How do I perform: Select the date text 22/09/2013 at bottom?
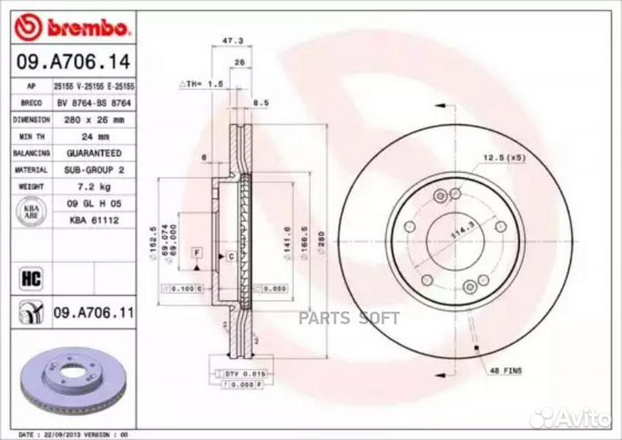pos(77,432)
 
